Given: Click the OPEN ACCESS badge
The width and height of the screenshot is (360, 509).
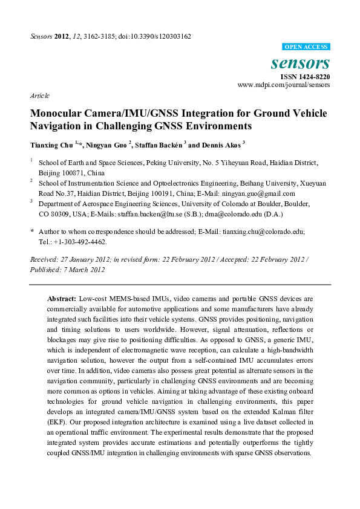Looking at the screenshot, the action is pos(306,47).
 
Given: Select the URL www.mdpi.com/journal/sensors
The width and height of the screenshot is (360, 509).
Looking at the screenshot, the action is pos(284,86).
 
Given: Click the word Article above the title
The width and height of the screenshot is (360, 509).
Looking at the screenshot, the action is pos(39,96).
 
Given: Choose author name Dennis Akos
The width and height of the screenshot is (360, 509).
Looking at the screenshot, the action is pos(221,145).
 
